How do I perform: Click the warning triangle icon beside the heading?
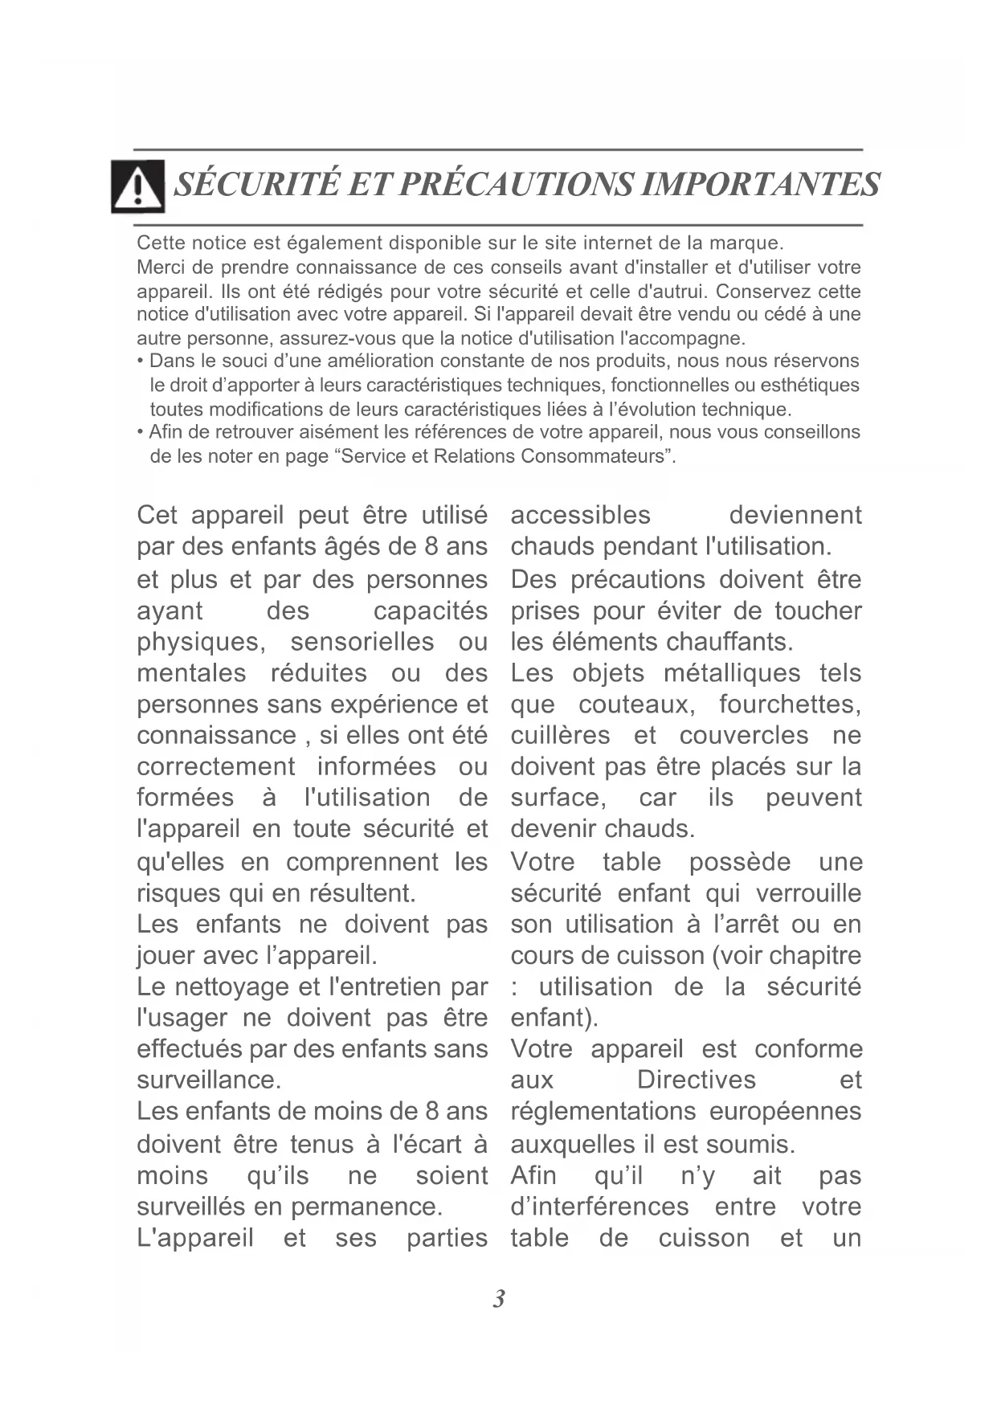point(138,186)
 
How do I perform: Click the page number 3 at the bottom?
point(499,1299)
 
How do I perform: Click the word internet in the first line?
point(615,243)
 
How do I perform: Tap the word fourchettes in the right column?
point(789,704)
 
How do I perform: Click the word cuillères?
point(560,736)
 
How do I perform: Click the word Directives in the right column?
point(696,1080)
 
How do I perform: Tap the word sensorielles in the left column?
point(362,643)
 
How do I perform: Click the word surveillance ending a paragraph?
point(208,1080)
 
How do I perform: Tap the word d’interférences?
point(599,1207)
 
